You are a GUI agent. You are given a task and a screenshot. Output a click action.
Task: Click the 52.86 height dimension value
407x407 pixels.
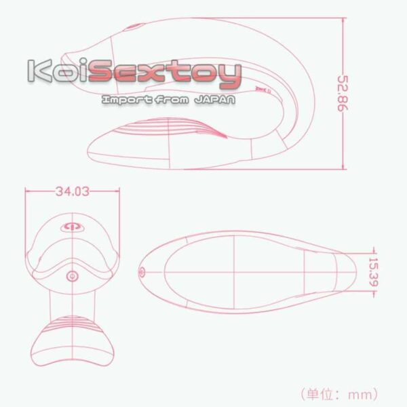tap(343, 94)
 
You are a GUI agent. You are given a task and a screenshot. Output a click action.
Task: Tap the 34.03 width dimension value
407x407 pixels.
tap(73, 191)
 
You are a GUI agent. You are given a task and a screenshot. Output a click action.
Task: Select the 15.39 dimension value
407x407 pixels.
tap(373, 272)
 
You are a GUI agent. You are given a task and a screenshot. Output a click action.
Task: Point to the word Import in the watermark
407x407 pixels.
tap(127, 100)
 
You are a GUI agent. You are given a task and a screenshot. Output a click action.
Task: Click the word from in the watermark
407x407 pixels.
tap(172, 100)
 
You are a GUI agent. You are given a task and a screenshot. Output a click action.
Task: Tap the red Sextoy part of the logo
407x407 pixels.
tap(165, 73)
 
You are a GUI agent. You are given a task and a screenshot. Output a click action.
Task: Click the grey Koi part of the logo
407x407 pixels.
tap(58, 70)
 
